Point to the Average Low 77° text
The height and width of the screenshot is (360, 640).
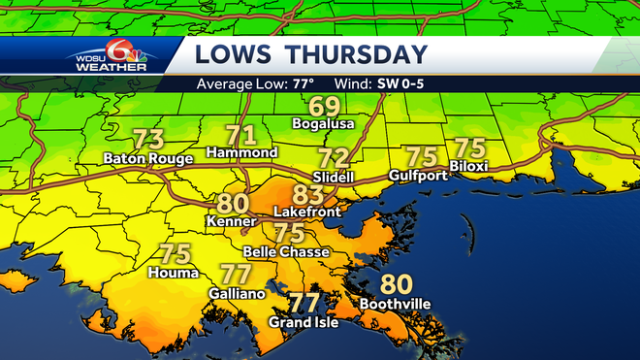[x=255, y=83]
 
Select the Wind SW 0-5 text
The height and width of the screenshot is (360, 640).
[x=379, y=83]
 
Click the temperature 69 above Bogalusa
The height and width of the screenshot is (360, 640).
[x=324, y=107]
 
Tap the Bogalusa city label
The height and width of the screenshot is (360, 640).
[x=324, y=124]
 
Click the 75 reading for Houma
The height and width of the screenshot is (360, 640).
[x=174, y=255]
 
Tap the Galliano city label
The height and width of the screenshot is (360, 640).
[x=236, y=292]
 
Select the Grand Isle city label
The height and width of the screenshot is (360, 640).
[x=304, y=322]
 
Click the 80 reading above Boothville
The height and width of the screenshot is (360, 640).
[x=394, y=285]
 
